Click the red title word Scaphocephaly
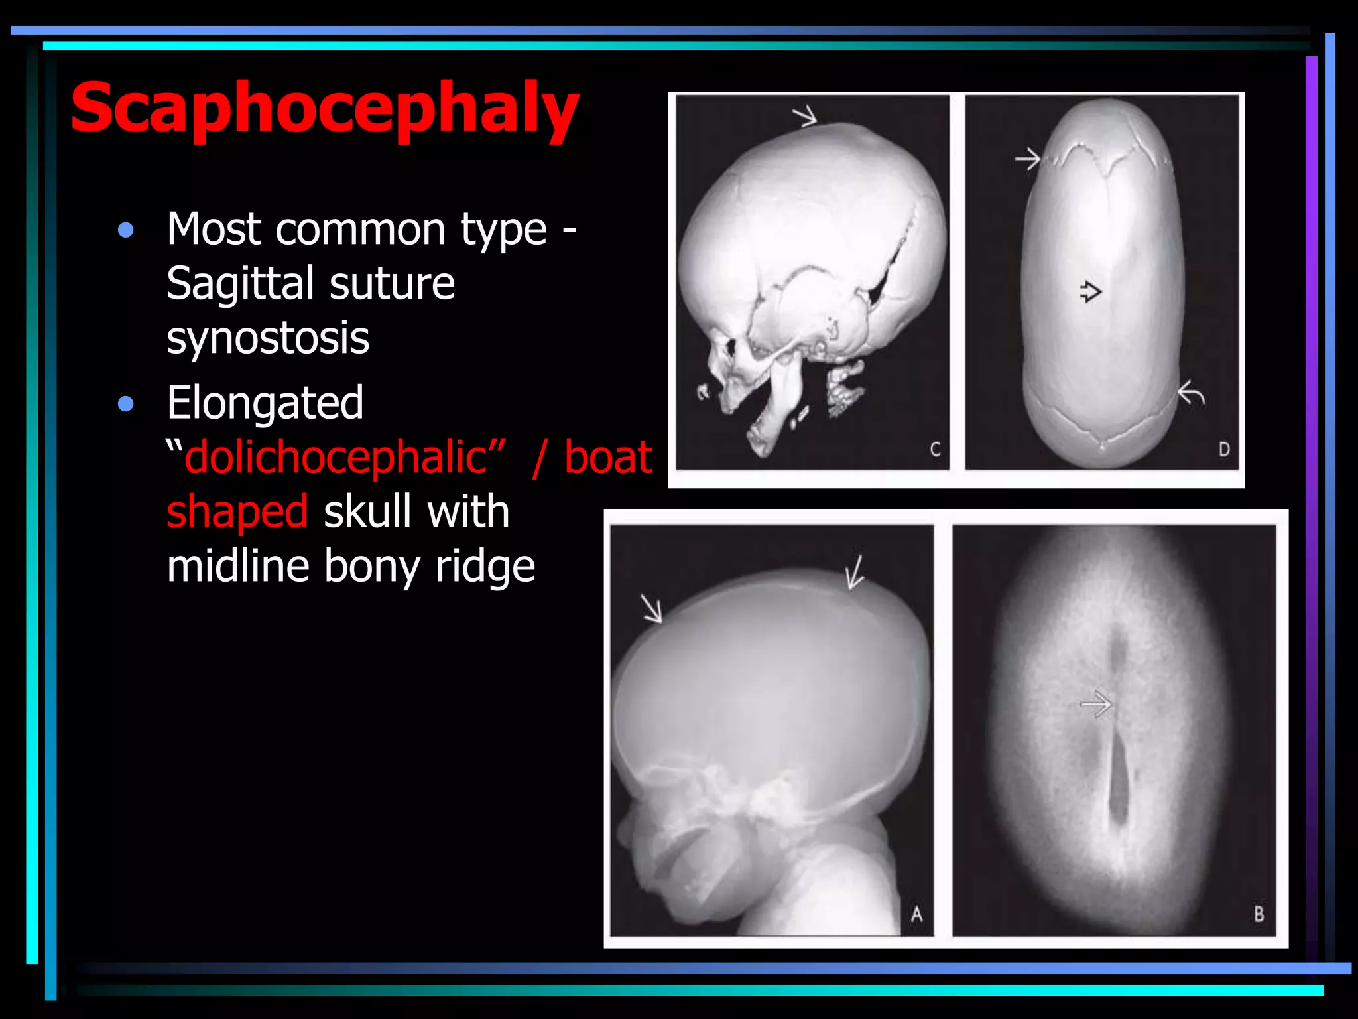(325, 108)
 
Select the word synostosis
(267, 338)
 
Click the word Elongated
(265, 403)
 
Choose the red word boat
(608, 457)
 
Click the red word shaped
(237, 511)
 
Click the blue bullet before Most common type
(125, 230)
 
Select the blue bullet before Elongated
(125, 403)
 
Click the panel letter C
(935, 450)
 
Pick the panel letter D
(1224, 450)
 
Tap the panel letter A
(916, 914)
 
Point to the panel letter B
(1259, 914)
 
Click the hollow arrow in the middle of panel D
(1090, 291)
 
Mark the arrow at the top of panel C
(805, 117)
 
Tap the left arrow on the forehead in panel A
(652, 608)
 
